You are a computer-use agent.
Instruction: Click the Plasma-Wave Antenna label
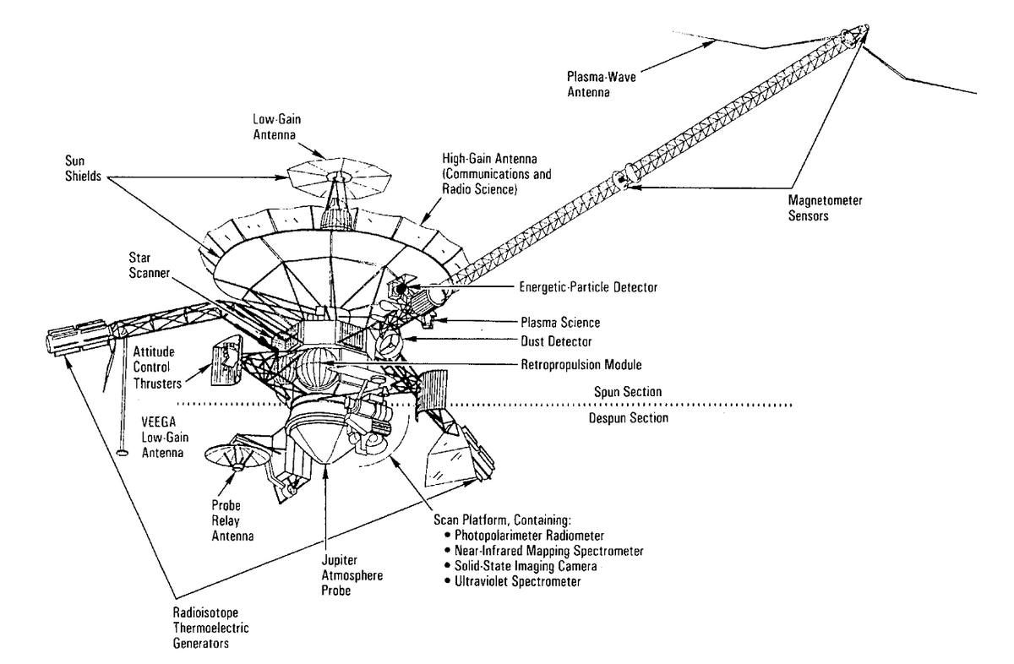tap(601, 84)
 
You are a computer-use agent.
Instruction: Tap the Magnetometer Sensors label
tap(826, 208)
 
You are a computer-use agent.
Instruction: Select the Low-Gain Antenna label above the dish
tap(276, 127)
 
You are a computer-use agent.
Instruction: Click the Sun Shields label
tap(84, 168)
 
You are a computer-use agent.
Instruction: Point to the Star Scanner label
tap(149, 265)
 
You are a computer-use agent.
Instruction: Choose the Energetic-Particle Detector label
tap(588, 287)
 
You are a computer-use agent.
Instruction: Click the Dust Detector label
tap(556, 341)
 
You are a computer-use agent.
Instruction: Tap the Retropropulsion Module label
tap(581, 364)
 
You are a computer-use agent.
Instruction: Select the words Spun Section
tap(628, 391)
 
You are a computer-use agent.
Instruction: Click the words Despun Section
tap(629, 418)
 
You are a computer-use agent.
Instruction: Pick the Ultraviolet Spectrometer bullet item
tap(512, 581)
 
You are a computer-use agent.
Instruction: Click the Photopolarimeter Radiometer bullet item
tap(524, 536)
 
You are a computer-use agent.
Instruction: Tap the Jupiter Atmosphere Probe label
tap(352, 575)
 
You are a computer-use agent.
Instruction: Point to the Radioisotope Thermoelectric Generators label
tap(211, 628)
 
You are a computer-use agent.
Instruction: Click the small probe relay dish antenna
tap(236, 457)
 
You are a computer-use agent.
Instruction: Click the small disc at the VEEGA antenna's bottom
tap(123, 452)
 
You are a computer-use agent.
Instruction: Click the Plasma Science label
tap(560, 322)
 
